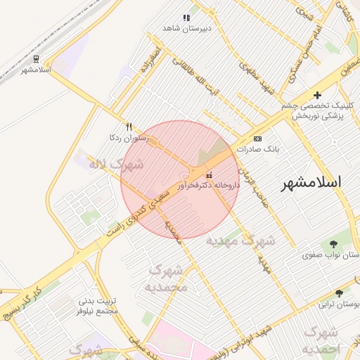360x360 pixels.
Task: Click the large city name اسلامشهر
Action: pos(311,182)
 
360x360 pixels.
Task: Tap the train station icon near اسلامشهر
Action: pos(36,59)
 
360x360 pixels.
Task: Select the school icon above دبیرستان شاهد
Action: pos(186,18)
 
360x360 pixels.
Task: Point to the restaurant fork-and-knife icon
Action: pos(128,127)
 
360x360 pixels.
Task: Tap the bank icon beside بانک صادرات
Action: pos(257,139)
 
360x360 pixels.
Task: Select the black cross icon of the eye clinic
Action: pos(317,95)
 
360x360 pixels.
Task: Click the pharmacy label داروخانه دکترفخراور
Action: pos(209,185)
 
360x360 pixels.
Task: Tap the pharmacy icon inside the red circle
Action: pos(209,174)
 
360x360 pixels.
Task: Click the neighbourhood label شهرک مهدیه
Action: pos(240,240)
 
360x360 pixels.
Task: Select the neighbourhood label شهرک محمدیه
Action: pos(167,278)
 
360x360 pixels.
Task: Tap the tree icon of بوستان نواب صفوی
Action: pos(333,244)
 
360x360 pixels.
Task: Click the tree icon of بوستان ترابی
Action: pos(340,293)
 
